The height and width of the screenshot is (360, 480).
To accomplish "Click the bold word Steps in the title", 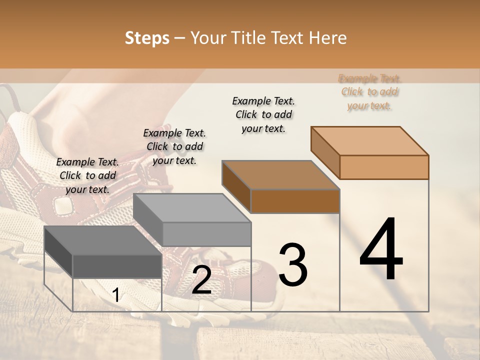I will pos(147,38).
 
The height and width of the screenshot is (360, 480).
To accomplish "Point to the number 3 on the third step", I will pos(292,265).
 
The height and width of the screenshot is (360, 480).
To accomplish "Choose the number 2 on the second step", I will pos(201,280).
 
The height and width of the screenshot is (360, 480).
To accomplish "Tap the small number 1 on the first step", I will pos(116,295).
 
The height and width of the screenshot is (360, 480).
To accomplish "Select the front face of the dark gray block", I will pos(117,266).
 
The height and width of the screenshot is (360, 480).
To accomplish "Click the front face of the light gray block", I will pos(206,234).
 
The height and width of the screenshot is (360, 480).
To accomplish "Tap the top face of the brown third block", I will pos(280,175).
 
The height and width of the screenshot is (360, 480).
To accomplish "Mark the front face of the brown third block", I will pos(295,201).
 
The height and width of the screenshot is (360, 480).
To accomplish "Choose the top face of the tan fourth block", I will pos(369,141).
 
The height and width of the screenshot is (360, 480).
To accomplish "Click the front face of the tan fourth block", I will pos(384,167).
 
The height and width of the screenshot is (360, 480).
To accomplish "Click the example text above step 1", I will pos(87,175).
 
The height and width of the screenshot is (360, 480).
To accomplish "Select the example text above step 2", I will pos(174,146).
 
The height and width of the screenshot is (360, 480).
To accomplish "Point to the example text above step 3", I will pos(263,114).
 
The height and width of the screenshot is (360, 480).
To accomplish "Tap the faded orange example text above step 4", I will pos(369,92).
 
